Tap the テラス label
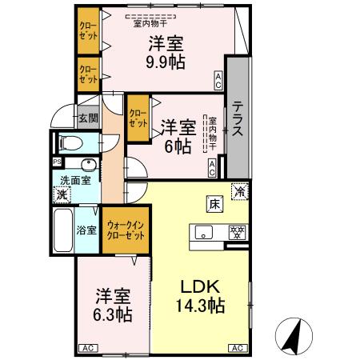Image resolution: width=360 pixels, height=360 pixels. tap(238, 119)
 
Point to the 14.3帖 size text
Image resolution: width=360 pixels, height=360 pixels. tap(199, 306)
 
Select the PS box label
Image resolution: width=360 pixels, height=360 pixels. tap(56, 162)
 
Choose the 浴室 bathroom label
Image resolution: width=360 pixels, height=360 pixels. tap(86, 230)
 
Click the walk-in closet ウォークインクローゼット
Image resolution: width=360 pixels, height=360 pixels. tap(124, 231)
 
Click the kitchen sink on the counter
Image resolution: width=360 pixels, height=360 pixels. tap(203, 234)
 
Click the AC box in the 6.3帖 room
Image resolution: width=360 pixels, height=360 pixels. tap(88, 348)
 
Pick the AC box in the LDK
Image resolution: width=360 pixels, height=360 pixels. tap(238, 348)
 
